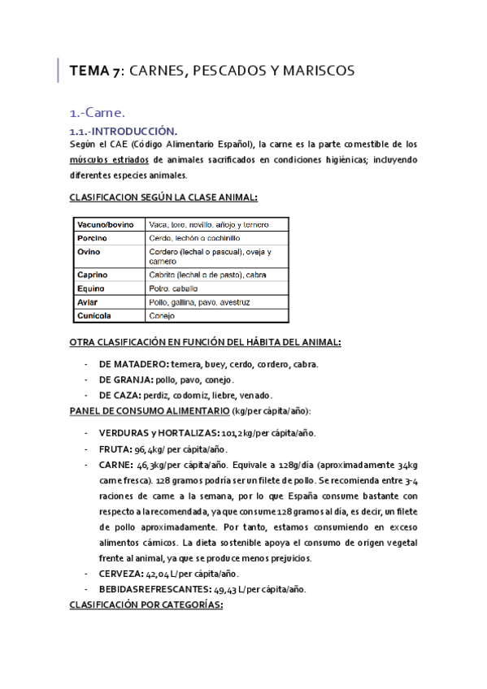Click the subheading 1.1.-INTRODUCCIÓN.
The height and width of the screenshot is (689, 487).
123,131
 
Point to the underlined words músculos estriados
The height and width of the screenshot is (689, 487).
111,159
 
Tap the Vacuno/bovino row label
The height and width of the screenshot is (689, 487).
104,224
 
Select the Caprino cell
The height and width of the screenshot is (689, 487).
93,275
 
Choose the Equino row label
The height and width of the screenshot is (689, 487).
92,288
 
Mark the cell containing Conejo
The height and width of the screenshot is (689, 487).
163,315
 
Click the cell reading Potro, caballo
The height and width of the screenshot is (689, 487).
174,288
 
